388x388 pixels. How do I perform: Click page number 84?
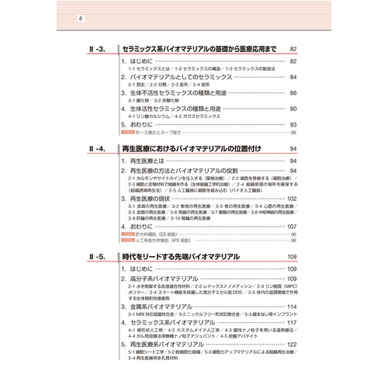293,78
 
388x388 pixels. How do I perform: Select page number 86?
293,93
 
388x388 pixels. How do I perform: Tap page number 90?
293,109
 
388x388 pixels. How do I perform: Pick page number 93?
293,124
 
